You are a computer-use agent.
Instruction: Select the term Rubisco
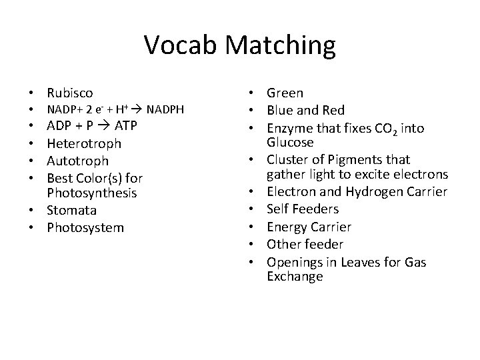[x=70, y=93]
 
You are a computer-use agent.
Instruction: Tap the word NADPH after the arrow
[x=165, y=109]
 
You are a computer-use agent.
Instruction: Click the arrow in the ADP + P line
[x=105, y=127]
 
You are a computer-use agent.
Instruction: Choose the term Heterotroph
[x=84, y=143]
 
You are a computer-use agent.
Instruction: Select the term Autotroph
[x=77, y=161]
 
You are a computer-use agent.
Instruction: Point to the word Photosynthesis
[x=92, y=193]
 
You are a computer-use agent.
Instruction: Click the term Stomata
[x=72, y=211]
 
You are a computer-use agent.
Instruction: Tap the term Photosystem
[x=85, y=228]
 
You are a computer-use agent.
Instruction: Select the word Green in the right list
[x=285, y=93]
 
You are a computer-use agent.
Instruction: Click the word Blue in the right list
[x=281, y=110]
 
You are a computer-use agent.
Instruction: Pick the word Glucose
[x=291, y=143]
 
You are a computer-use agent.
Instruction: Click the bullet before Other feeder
[x=257, y=244]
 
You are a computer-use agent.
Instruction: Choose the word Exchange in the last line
[x=295, y=277]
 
